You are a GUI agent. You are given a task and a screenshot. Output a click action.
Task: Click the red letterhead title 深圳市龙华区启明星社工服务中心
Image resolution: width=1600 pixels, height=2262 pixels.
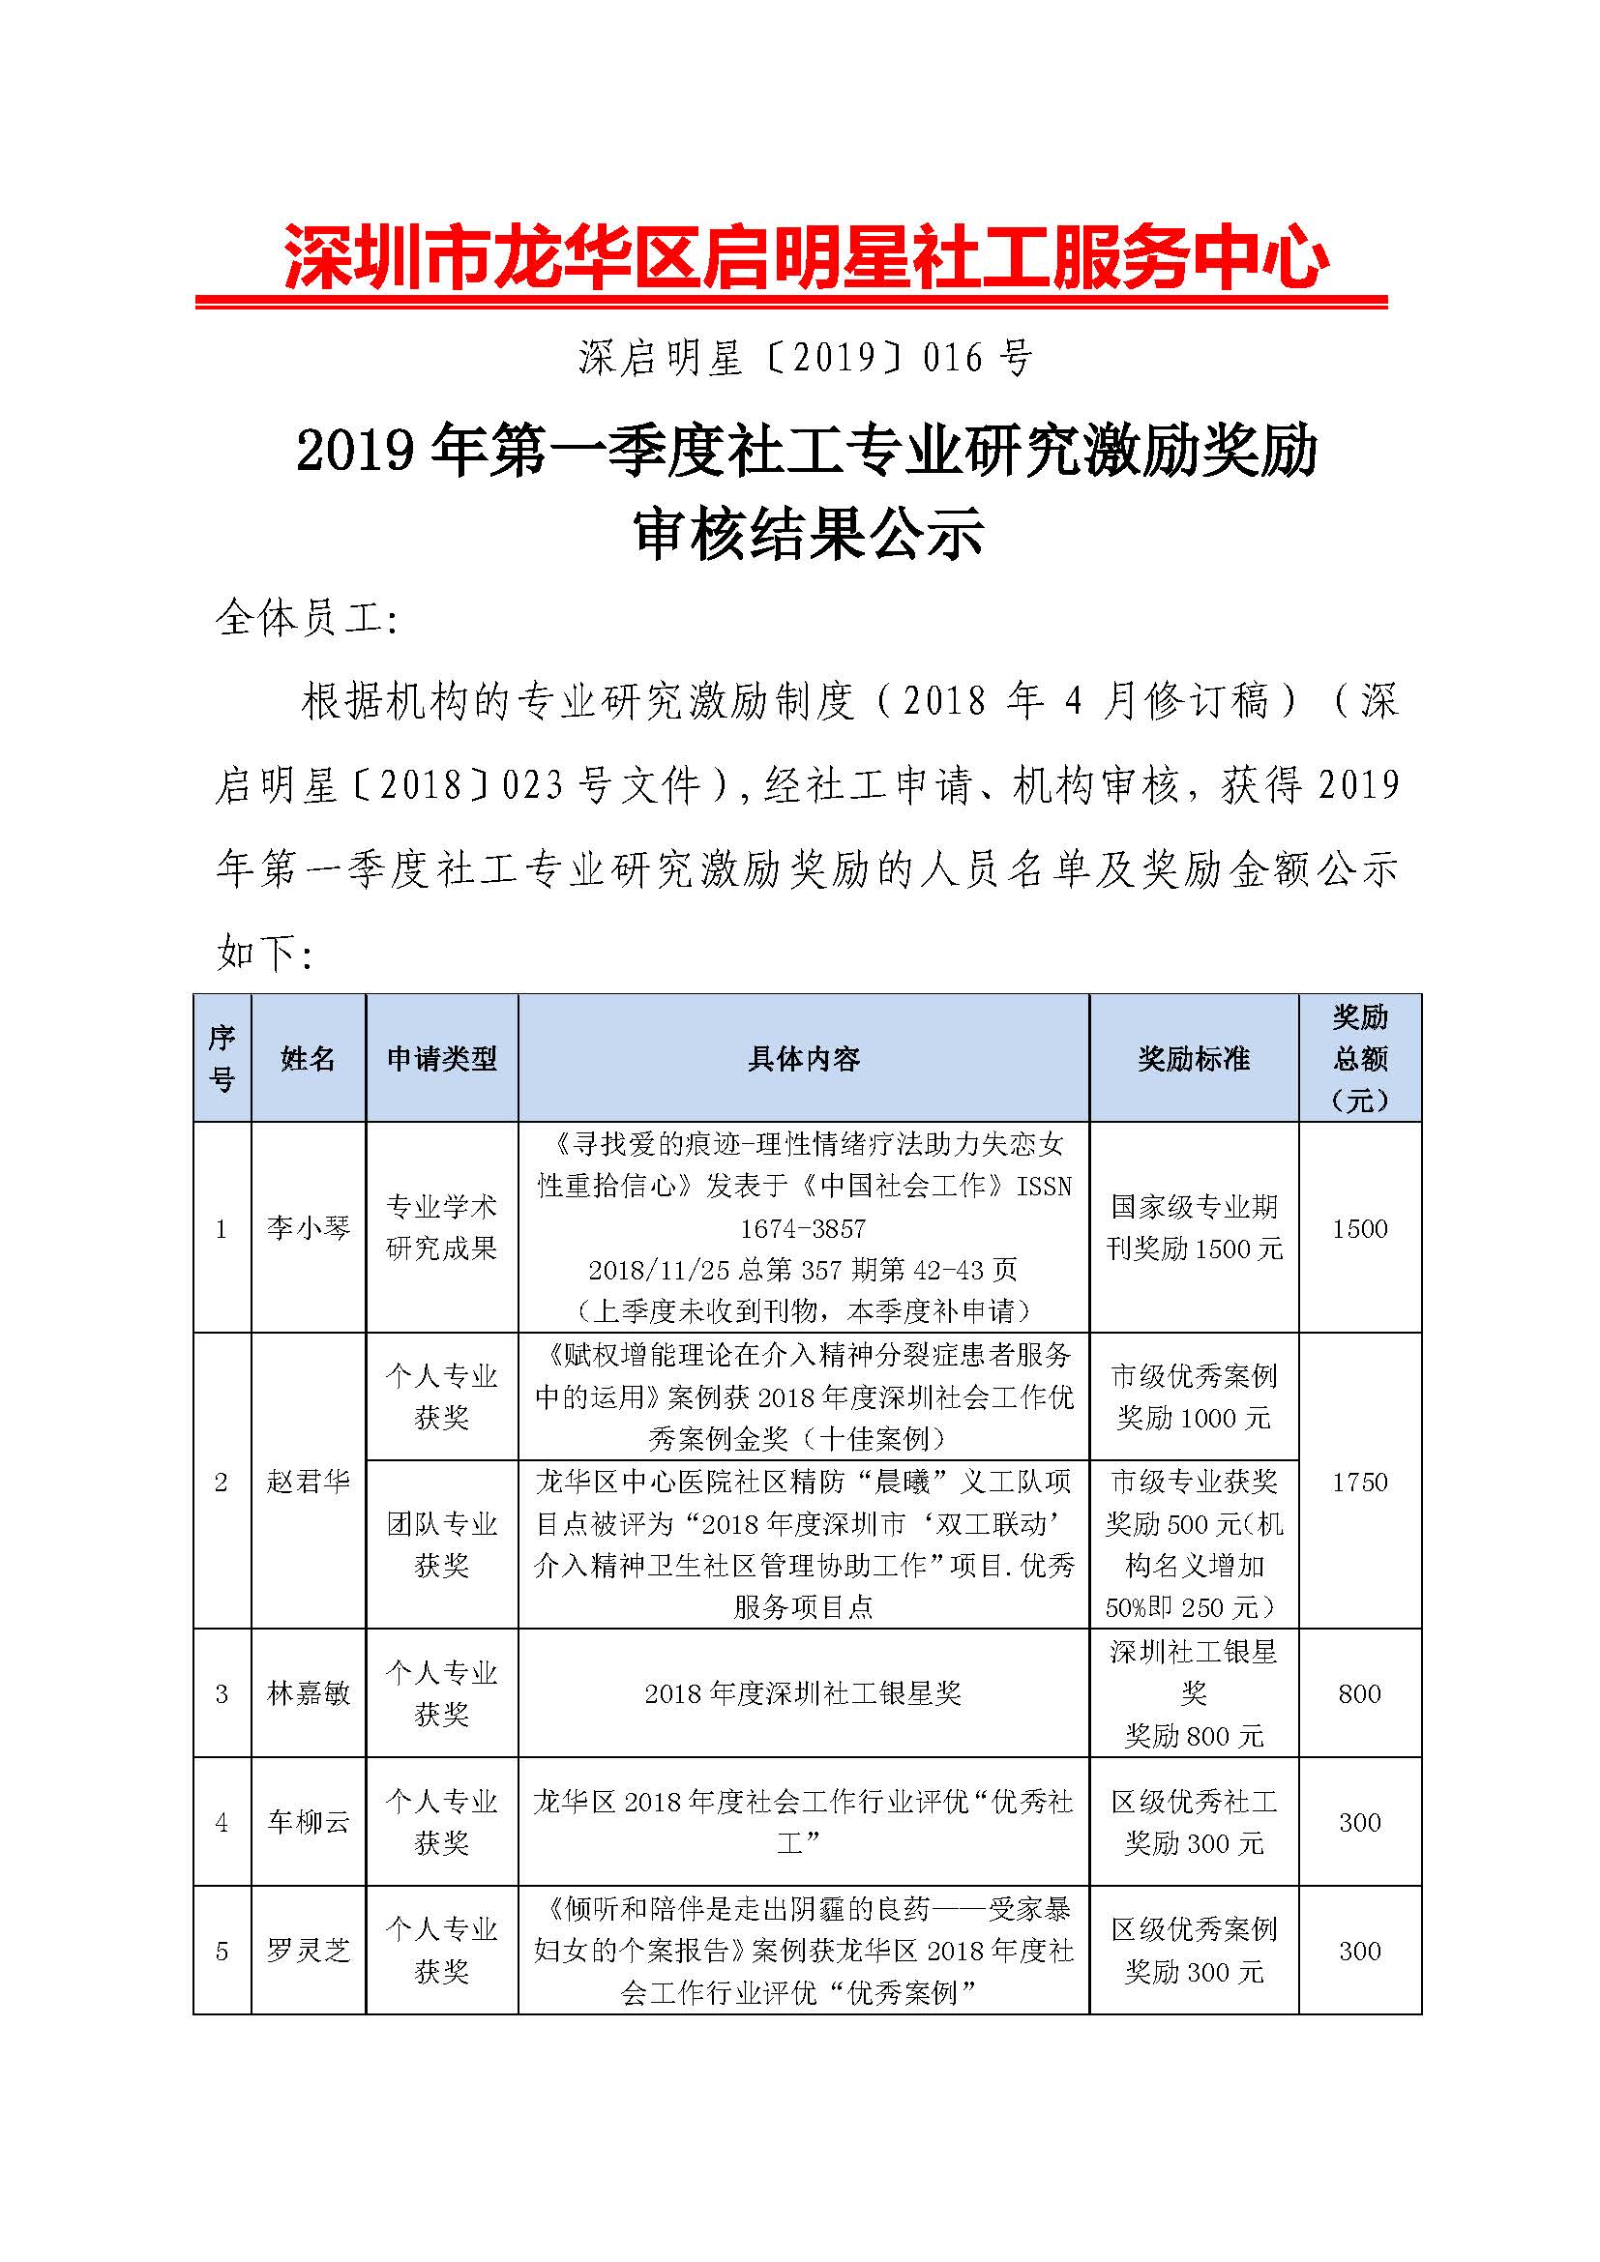click(x=806, y=258)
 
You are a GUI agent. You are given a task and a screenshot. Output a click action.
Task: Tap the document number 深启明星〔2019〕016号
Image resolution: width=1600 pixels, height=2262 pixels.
click(x=806, y=358)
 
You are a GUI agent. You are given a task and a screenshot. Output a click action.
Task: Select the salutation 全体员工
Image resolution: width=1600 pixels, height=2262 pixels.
click(x=306, y=618)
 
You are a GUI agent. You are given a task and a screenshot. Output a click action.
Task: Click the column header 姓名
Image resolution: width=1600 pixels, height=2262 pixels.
click(x=309, y=1058)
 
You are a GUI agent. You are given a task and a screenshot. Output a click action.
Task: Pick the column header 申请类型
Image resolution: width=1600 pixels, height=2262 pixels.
click(x=441, y=1058)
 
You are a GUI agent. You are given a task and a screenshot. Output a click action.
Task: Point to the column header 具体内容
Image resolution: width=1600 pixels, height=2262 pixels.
click(x=804, y=1058)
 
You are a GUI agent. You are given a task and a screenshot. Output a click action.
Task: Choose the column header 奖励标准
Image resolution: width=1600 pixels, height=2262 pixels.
click(x=1194, y=1058)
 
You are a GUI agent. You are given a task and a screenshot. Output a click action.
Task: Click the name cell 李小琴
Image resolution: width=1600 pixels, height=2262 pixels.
click(x=309, y=1227)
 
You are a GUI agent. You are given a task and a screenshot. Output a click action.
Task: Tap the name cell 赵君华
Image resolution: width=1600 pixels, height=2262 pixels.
click(x=309, y=1481)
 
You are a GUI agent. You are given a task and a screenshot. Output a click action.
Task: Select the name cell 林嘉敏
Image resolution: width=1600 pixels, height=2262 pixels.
click(x=309, y=1692)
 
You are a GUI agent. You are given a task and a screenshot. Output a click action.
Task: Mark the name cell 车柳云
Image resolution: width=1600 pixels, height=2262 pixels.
click(x=309, y=1822)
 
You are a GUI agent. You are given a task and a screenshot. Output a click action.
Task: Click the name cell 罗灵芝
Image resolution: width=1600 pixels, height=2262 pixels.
click(x=309, y=1950)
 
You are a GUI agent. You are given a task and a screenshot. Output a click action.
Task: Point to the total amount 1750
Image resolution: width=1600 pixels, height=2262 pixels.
click(x=1359, y=1481)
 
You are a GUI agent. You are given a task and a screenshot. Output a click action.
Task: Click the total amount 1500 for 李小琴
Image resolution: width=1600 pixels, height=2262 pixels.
click(x=1359, y=1227)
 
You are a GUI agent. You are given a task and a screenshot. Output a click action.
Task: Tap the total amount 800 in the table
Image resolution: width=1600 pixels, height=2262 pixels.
click(x=1359, y=1692)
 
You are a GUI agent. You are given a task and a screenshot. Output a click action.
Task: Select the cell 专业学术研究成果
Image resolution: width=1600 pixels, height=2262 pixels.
click(x=441, y=1227)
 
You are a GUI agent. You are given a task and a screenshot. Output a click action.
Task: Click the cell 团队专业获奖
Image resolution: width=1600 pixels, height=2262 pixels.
click(x=441, y=1543)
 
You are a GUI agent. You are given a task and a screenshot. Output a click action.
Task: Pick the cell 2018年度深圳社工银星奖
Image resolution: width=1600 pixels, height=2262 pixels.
click(x=804, y=1692)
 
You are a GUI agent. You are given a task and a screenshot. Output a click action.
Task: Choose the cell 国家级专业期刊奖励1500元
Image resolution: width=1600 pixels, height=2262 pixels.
click(x=1194, y=1227)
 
